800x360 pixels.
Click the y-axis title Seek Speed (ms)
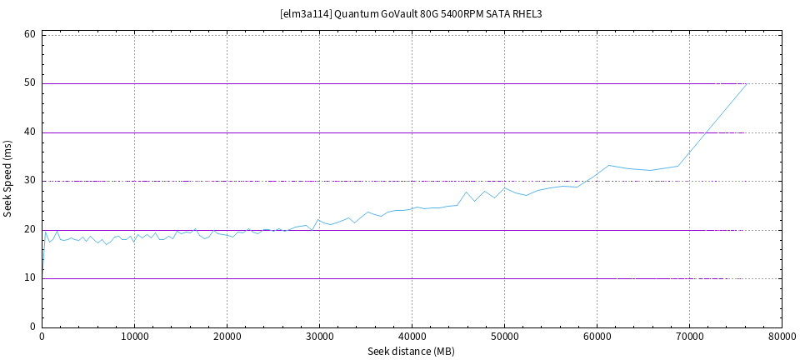8,179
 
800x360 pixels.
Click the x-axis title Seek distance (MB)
412,352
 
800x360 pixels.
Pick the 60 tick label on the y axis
29,35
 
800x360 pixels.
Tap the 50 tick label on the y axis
29,83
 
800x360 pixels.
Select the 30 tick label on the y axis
29,181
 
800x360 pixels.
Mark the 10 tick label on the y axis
29,278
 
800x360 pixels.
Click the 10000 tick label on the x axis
134,336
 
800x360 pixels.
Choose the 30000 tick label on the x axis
319,336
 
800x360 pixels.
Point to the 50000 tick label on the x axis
504,336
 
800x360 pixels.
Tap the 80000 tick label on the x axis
781,336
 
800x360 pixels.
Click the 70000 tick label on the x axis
689,336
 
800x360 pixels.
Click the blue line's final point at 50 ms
746,84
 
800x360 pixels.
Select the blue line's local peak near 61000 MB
609,165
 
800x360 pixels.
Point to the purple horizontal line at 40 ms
375,132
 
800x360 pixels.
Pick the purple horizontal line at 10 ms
375,278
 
